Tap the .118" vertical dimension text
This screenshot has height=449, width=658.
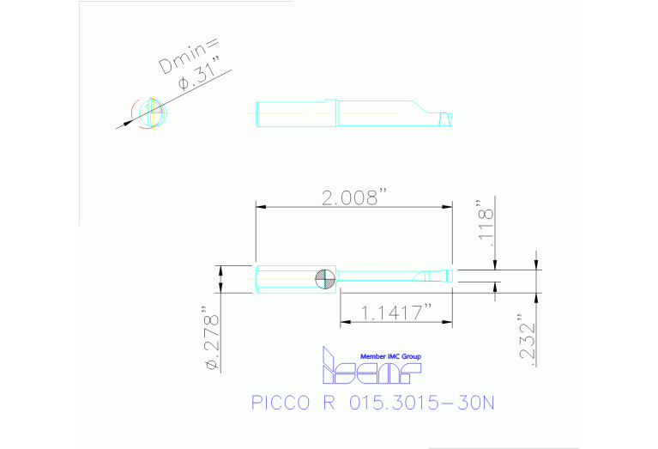click(x=486, y=227)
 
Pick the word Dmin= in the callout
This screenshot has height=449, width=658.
click(x=192, y=53)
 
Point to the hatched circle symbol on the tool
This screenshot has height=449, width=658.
click(x=325, y=277)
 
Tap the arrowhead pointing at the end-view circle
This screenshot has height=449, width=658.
click(x=128, y=123)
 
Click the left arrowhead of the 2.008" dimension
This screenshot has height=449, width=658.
click(x=261, y=207)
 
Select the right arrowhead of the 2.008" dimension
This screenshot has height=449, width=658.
click(x=447, y=207)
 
